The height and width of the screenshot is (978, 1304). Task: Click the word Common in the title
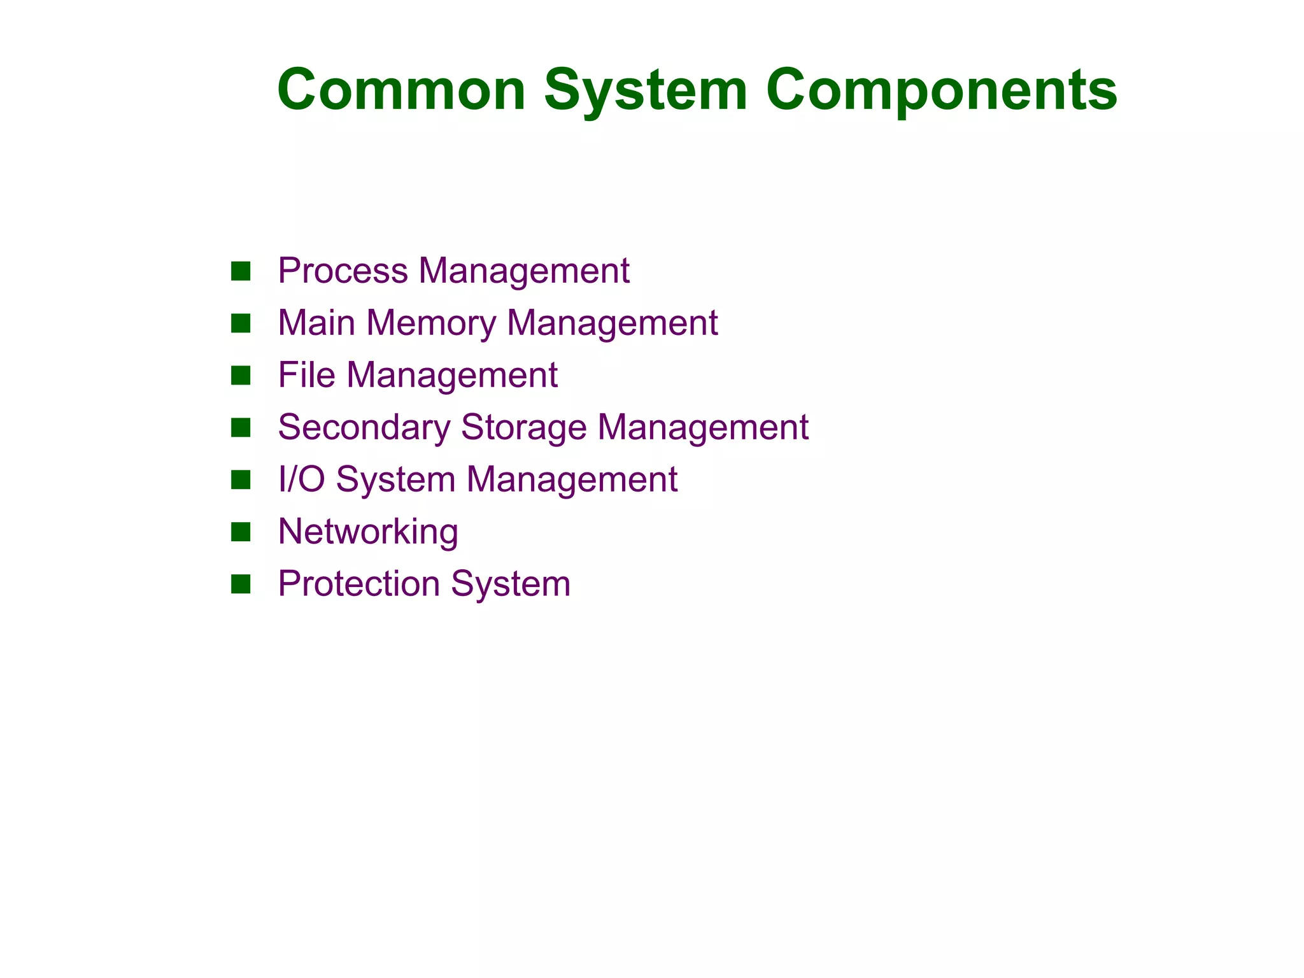(x=401, y=90)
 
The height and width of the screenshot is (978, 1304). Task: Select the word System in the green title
(x=646, y=91)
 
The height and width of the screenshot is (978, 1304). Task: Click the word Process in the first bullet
(x=343, y=271)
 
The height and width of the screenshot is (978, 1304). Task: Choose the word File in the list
(x=306, y=374)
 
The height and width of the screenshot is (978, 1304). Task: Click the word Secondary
(x=364, y=427)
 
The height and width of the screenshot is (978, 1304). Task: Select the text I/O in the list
(x=301, y=479)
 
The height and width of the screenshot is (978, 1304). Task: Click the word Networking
(x=368, y=531)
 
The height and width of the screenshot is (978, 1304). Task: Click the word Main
(x=316, y=323)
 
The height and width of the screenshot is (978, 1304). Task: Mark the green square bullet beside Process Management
(x=241, y=271)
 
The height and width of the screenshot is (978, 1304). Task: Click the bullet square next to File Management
(x=241, y=376)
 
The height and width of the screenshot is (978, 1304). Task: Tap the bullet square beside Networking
(x=241, y=532)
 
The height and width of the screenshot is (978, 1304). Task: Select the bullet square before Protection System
(x=241, y=584)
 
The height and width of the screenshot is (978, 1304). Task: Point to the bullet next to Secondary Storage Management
(x=241, y=428)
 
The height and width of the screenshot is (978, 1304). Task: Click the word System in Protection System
(x=511, y=584)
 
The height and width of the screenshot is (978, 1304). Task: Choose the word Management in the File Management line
(x=452, y=375)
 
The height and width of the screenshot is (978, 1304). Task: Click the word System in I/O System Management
(x=395, y=479)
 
